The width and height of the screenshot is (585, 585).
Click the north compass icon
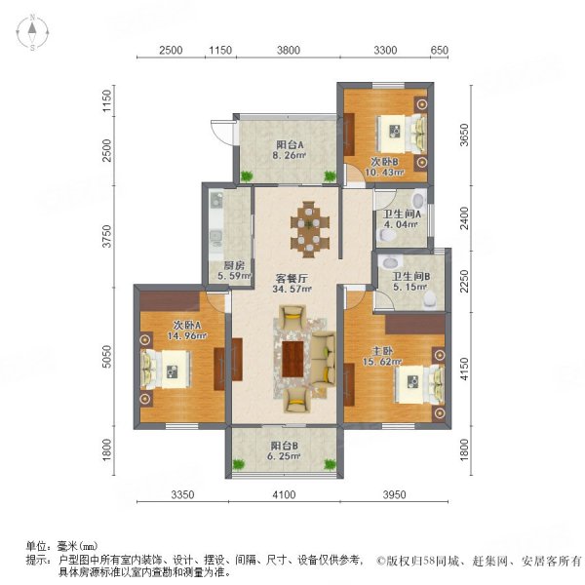click(x=31, y=32)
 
